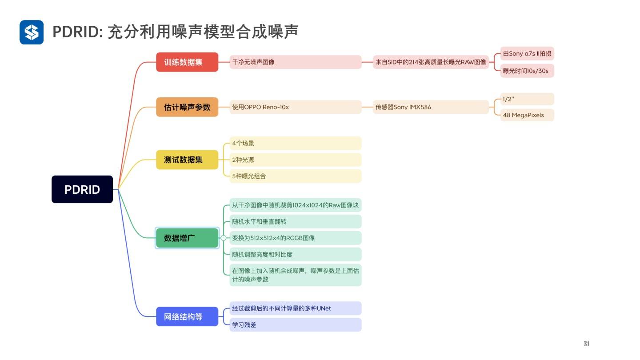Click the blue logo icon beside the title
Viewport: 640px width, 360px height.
[x=32, y=32]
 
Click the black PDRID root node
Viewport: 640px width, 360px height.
[x=82, y=189]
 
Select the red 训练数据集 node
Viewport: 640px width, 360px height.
[x=187, y=62]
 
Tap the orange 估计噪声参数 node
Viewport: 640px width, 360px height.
[x=187, y=107]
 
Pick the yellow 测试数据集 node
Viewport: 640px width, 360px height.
[x=187, y=160]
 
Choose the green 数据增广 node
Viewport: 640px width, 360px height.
[x=187, y=238]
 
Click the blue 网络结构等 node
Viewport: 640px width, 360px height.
[x=187, y=316]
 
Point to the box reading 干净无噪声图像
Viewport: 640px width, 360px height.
[x=295, y=62]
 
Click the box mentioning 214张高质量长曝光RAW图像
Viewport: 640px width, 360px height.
[x=431, y=62]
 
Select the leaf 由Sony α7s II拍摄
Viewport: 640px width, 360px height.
[x=527, y=54]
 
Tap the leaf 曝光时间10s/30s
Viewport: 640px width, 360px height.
[x=527, y=71]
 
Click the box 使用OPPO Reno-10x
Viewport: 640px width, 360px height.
[x=295, y=107]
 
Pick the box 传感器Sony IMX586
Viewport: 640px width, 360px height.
[x=431, y=107]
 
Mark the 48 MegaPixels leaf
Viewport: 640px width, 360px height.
[x=527, y=115]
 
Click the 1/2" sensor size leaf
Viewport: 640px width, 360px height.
[x=527, y=99]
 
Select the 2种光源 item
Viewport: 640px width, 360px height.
[x=295, y=160]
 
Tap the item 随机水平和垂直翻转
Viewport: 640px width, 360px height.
[x=295, y=221]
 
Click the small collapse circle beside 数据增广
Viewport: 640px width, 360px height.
[x=224, y=238]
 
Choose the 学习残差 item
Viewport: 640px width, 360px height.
[x=295, y=325]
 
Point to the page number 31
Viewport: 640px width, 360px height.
[x=586, y=344]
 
